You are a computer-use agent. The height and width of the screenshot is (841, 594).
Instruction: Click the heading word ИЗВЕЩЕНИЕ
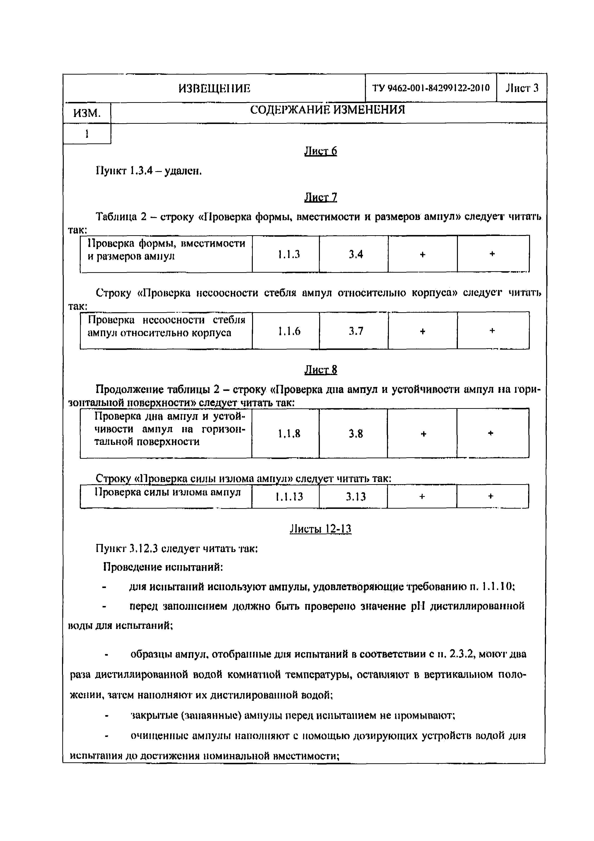(x=214, y=88)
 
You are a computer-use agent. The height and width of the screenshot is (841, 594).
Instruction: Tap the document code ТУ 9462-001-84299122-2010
(x=431, y=88)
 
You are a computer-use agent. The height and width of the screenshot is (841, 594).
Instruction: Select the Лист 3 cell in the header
(x=522, y=88)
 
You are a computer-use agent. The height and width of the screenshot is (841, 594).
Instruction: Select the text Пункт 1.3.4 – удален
(x=149, y=171)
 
